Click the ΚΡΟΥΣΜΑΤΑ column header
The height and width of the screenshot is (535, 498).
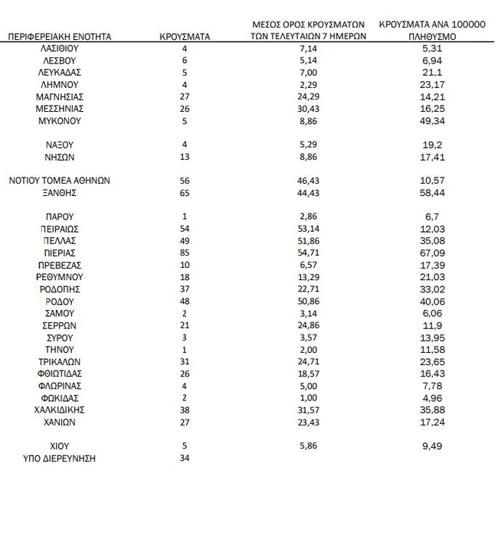[185, 35]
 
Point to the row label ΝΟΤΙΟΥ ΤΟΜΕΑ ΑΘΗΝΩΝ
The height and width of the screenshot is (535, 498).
[60, 181]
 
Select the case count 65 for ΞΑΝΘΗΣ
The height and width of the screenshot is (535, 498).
[185, 194]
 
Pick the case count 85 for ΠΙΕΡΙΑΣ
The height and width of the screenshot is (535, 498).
[185, 252]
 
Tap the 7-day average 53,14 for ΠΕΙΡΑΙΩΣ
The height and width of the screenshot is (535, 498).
[309, 227]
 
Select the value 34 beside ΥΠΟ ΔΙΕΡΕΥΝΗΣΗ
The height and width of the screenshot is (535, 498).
[185, 458]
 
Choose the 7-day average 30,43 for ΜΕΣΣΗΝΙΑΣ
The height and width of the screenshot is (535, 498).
[309, 109]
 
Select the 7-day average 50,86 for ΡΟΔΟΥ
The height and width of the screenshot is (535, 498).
[309, 301]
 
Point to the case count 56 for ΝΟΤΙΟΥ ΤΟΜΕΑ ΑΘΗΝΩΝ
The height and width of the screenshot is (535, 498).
[185, 181]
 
